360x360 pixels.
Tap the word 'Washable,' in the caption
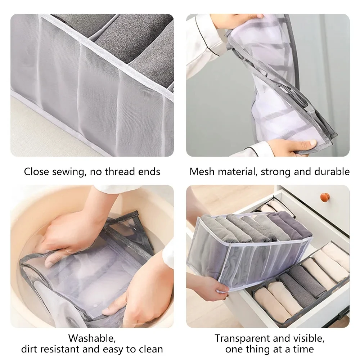pos(92,338)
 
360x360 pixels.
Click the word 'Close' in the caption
pos(36,171)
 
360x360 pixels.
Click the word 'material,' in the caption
pos(237,171)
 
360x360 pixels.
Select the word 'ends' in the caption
pos(150,171)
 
